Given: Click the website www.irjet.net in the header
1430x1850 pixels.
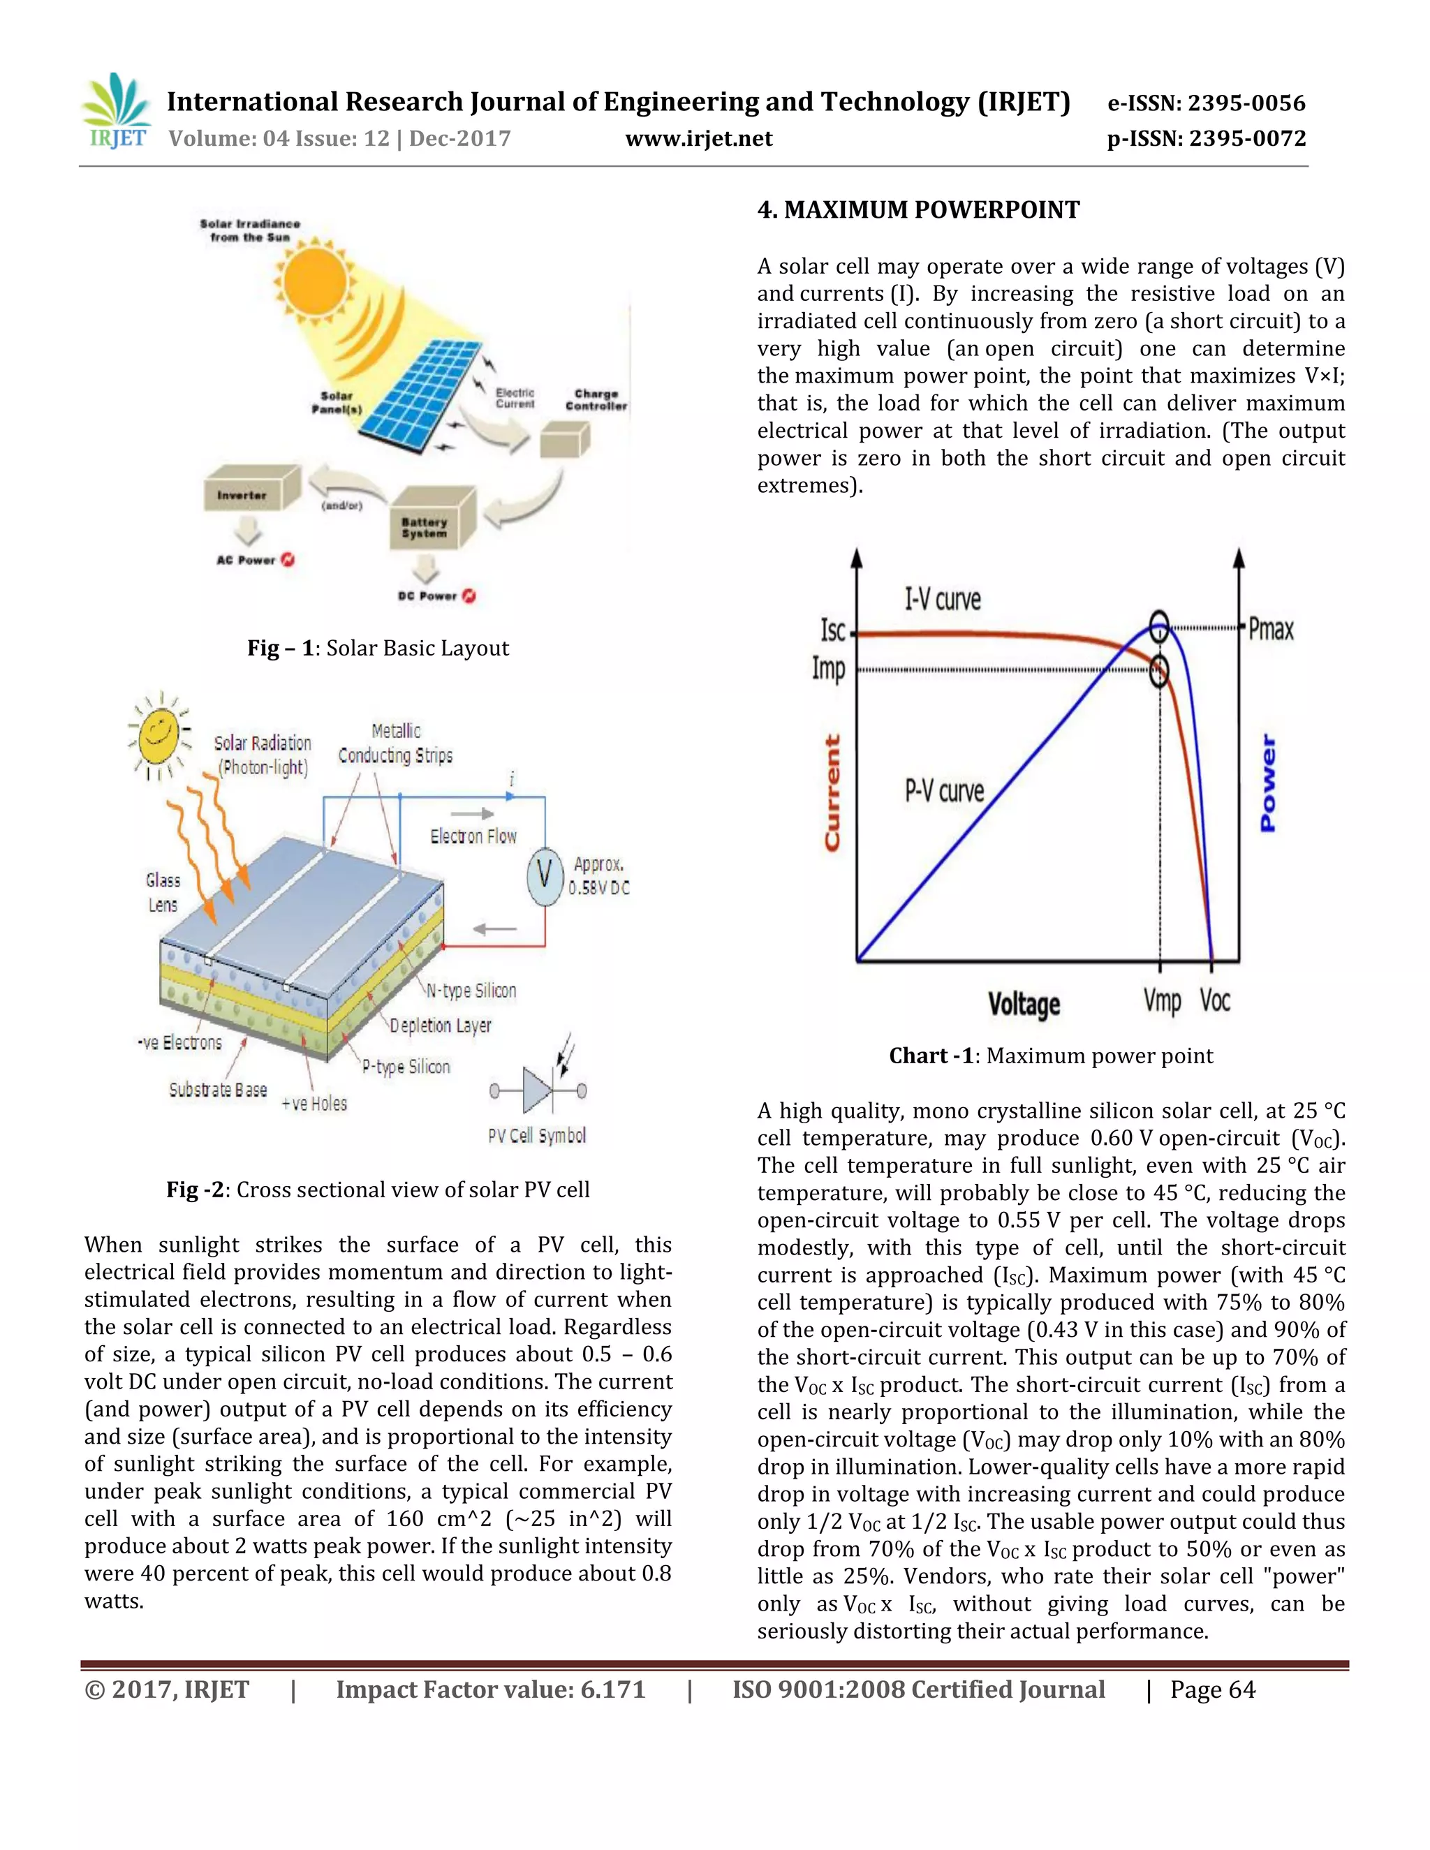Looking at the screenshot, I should tap(698, 139).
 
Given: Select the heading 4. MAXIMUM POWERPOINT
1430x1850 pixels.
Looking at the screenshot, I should tap(918, 210).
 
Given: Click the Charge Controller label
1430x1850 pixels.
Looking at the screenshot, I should tap(596, 400).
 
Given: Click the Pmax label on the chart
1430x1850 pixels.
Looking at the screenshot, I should tap(1271, 630).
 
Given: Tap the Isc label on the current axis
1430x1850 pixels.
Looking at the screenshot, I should tap(833, 631).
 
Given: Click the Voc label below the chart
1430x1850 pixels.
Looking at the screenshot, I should tap(1214, 1001).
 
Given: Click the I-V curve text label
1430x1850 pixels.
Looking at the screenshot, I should tap(942, 600).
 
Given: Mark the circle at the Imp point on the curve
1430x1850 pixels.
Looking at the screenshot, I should tap(1159, 671).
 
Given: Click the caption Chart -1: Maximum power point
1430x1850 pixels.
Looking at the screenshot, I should tap(1050, 1056).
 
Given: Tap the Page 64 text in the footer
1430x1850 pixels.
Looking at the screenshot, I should tap(1212, 1691).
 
